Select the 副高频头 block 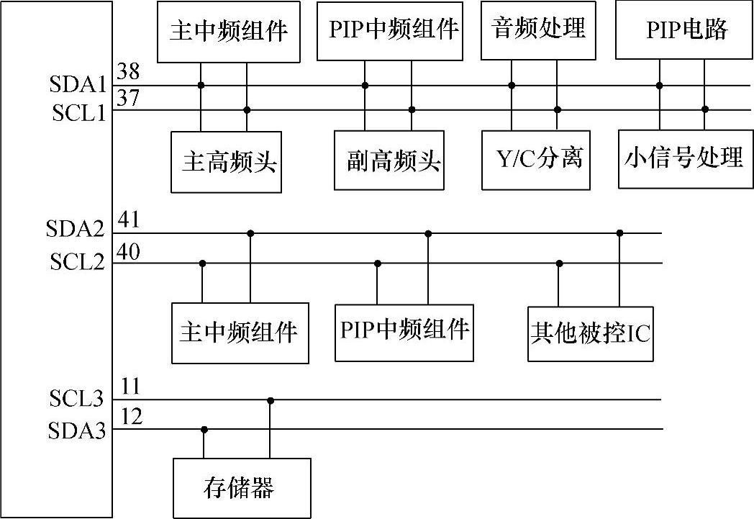click(x=389, y=161)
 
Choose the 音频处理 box click(x=538, y=30)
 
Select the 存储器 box click(x=242, y=488)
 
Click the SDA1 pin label click(x=78, y=86)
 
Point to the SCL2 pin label click(x=78, y=262)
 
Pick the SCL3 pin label click(x=78, y=398)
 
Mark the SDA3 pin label click(x=78, y=431)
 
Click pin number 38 click(x=128, y=71)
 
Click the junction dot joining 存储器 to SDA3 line click(x=204, y=430)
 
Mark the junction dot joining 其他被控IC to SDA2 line click(x=620, y=233)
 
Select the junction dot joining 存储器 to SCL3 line click(x=271, y=400)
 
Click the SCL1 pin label click(x=78, y=113)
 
